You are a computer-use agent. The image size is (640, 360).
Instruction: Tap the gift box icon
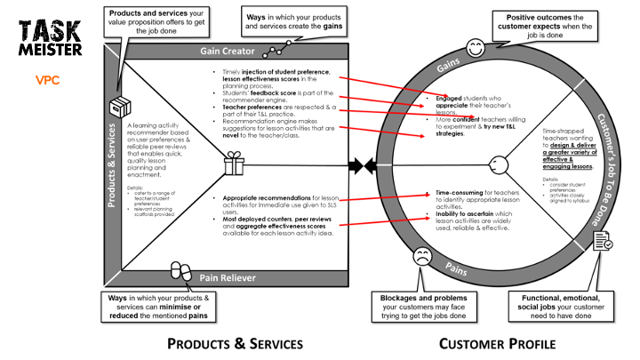pyautogui.click(x=234, y=164)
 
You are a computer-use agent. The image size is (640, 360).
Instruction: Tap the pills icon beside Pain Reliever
pyautogui.click(x=180, y=270)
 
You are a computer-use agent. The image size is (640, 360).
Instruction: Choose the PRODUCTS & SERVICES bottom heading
pyautogui.click(x=235, y=343)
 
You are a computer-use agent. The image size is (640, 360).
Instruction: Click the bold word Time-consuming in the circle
pyautogui.click(x=459, y=192)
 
